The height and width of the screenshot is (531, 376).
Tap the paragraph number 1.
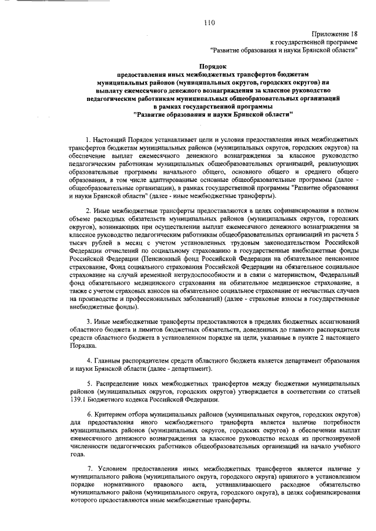[88, 138]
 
